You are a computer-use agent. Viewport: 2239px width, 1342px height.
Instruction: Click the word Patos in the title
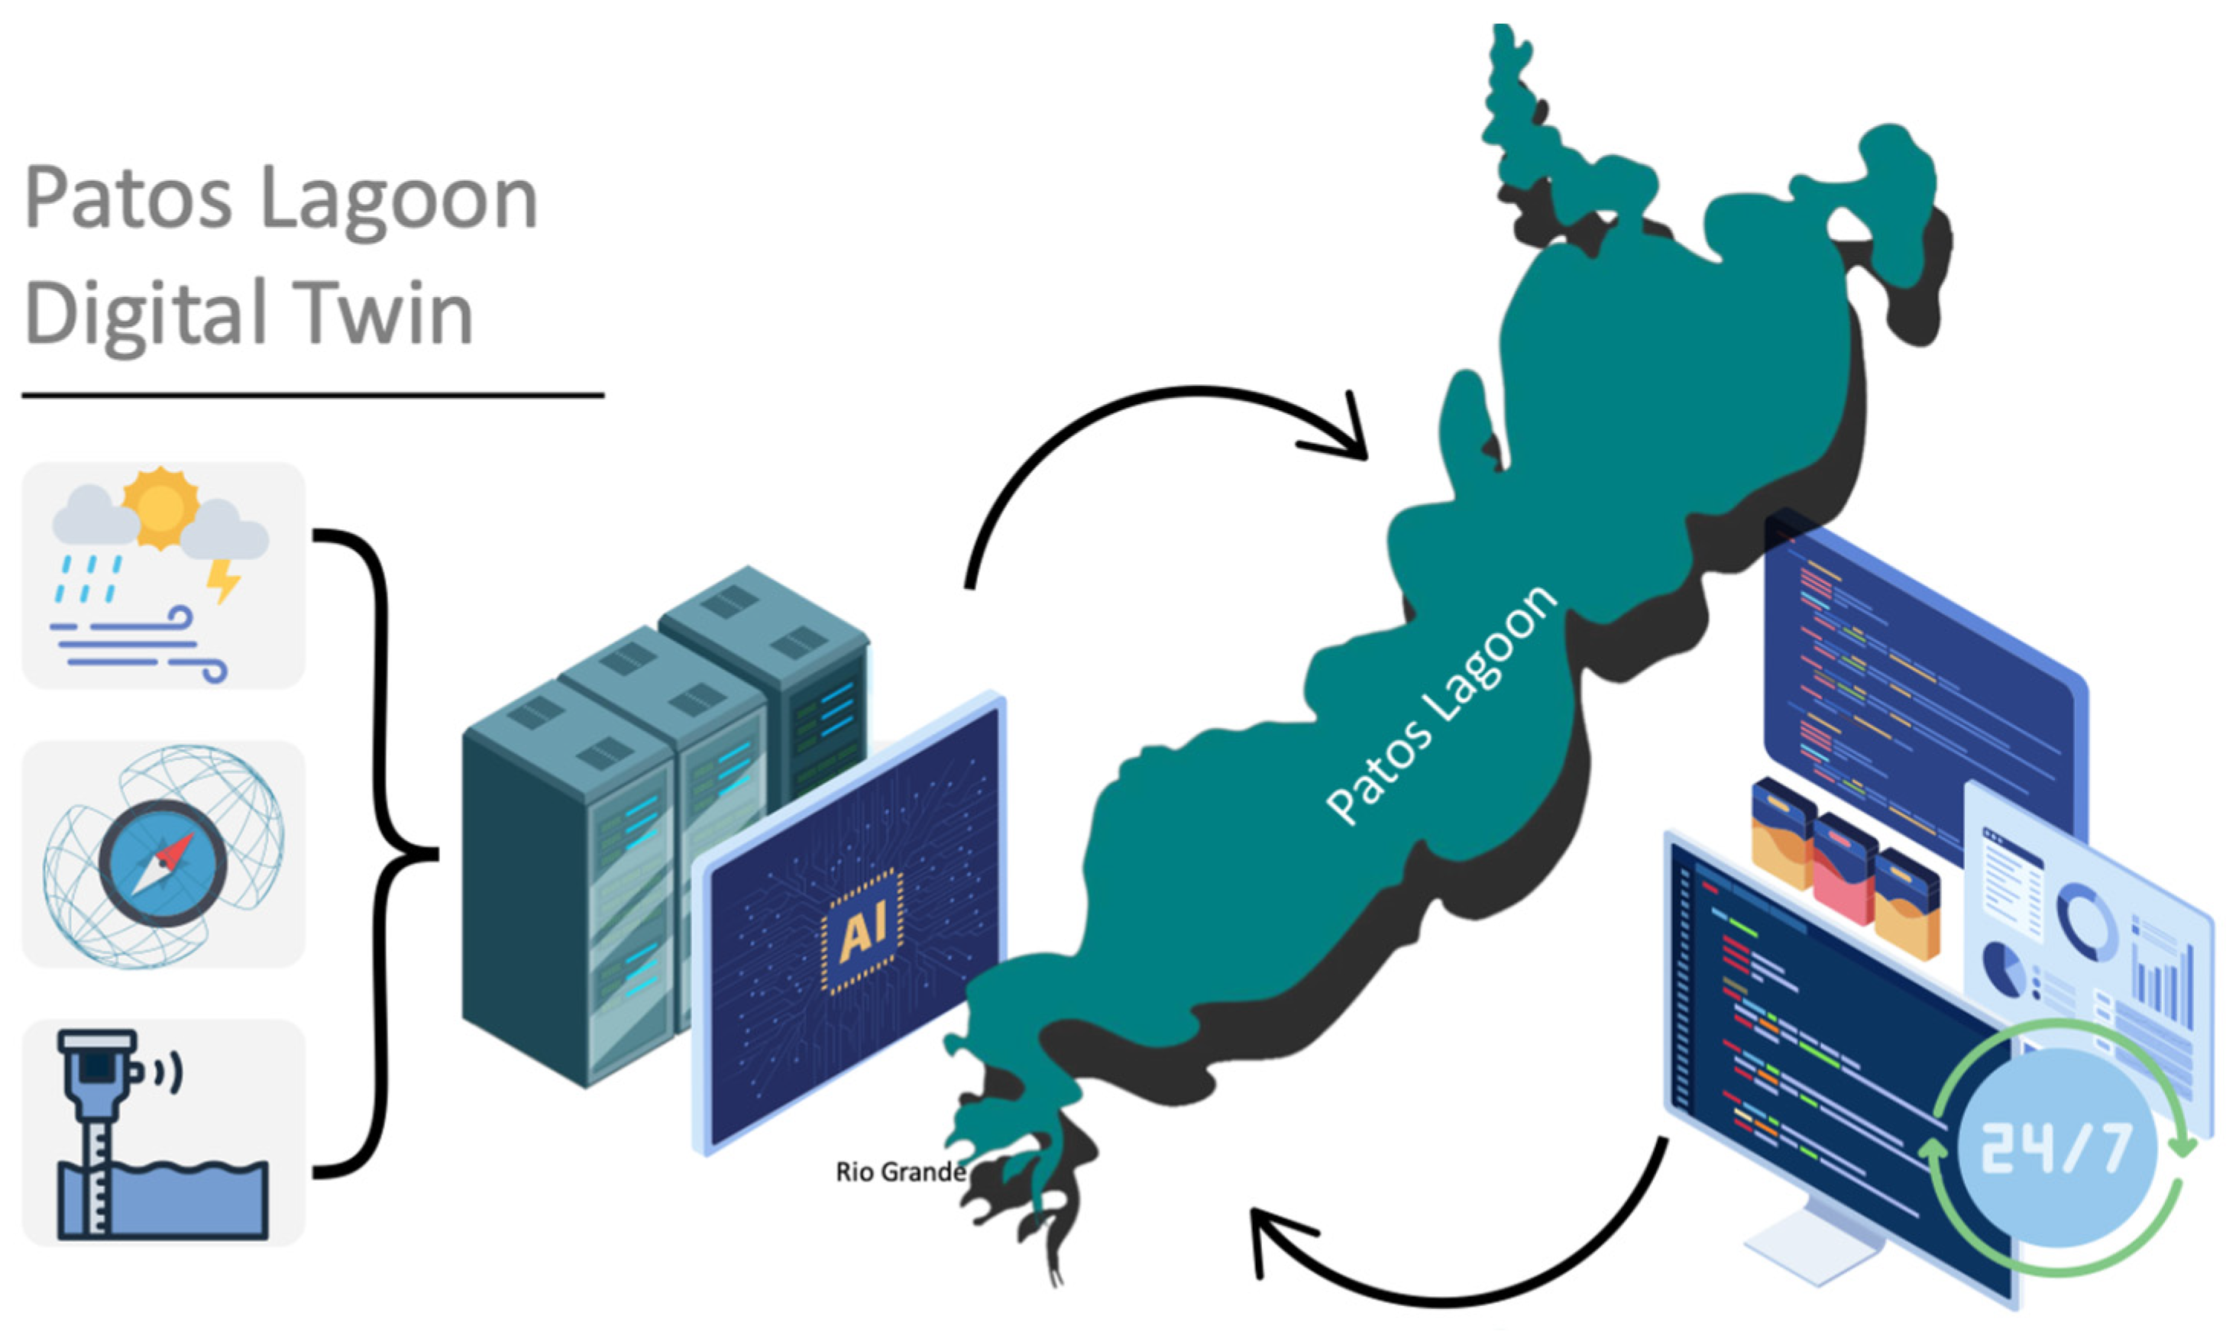128,199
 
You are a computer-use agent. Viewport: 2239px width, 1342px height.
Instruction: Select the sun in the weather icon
160,506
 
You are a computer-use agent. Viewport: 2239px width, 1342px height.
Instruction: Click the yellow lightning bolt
222,580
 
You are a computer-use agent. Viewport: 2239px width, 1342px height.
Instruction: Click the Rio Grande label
900,1173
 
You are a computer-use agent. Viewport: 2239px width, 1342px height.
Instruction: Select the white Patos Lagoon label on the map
1442,705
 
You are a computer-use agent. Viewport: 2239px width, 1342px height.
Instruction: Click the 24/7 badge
2058,1150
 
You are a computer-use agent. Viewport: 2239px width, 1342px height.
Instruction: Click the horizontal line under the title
312,395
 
